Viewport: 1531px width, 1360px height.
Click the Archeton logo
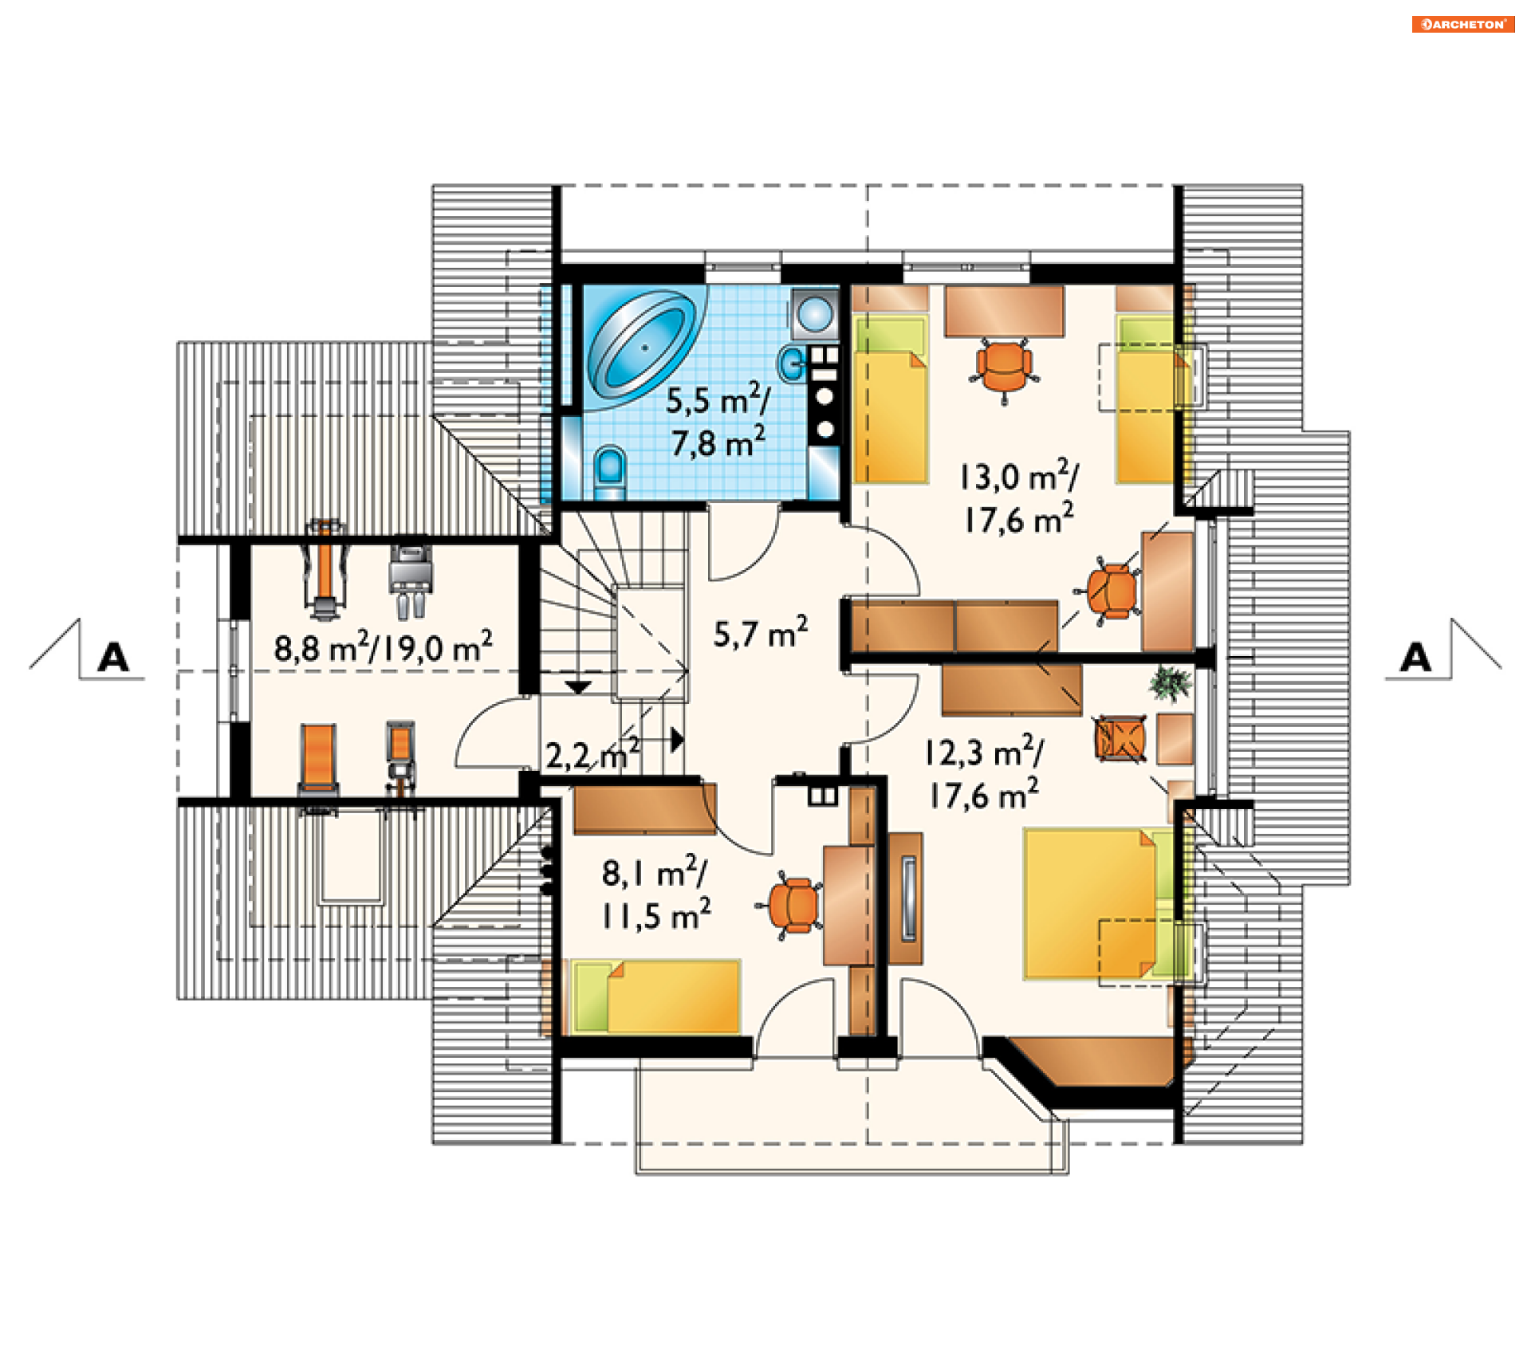(x=1462, y=24)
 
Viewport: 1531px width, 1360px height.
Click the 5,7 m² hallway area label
(x=761, y=633)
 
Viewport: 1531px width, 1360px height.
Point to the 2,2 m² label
(x=592, y=754)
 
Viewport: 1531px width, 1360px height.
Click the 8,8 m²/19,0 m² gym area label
(x=384, y=647)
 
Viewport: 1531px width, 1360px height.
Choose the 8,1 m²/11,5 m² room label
(x=655, y=893)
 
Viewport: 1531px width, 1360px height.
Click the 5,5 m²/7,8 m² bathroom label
(x=718, y=422)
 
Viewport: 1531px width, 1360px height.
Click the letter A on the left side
(x=113, y=658)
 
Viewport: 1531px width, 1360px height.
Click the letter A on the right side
(x=1415, y=658)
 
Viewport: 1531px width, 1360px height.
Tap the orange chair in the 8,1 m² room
(x=793, y=905)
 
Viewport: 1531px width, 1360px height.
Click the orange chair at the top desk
(x=1005, y=369)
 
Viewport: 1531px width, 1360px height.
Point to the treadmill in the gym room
(x=325, y=569)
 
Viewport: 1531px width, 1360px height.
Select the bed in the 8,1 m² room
(x=656, y=996)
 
